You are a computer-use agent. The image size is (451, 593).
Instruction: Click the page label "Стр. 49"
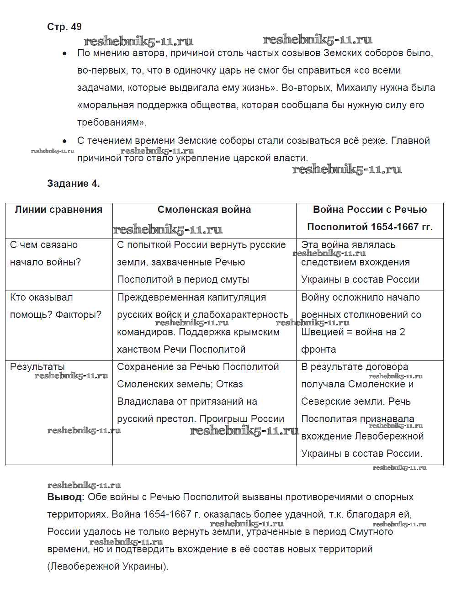pos(64,27)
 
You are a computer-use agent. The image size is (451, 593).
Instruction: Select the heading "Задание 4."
pos(73,184)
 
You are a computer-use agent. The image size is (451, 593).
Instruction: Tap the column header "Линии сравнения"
pos(58,210)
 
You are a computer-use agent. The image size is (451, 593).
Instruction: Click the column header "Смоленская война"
pos(204,210)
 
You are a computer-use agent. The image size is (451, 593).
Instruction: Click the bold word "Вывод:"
pos(66,497)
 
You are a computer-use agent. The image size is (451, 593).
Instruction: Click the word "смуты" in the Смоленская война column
pos(234,280)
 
